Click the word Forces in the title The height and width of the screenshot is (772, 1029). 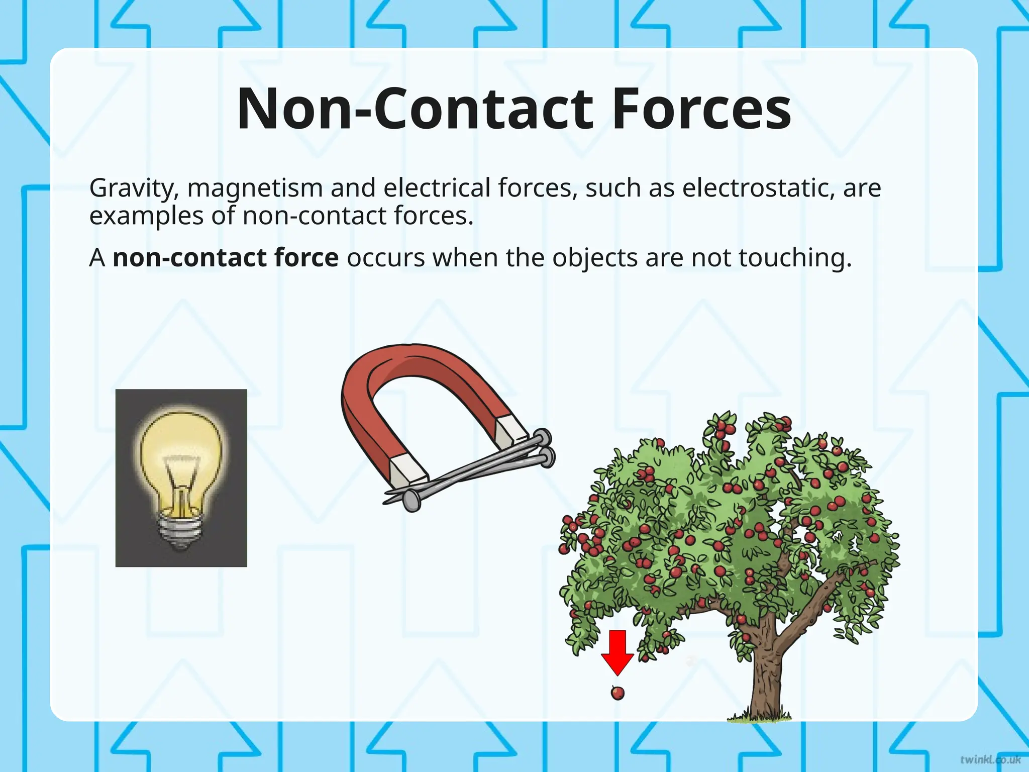701,109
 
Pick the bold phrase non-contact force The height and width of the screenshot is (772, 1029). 226,257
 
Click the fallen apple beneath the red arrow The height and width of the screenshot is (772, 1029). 618,693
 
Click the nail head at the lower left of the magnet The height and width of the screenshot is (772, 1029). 412,500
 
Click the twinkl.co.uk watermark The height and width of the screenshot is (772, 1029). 990,759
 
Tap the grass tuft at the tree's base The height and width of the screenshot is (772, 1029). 759,716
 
